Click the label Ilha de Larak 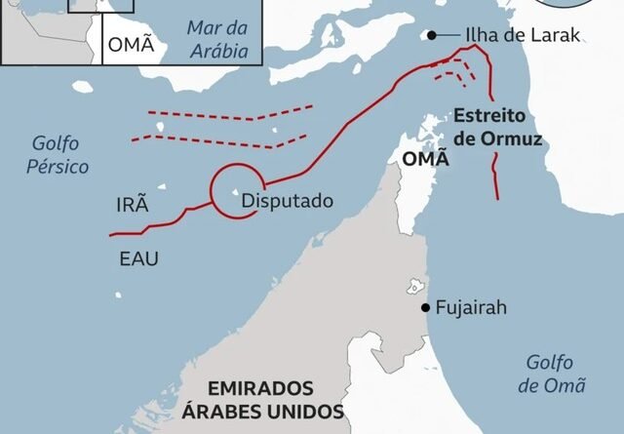point(524,35)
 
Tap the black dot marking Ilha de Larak point(431,36)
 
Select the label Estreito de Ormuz point(497,128)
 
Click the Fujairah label point(472,307)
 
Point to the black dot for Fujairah point(426,307)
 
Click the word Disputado point(287,201)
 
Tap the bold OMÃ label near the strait point(425,157)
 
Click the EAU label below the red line point(138,258)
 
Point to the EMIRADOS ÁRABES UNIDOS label point(262,398)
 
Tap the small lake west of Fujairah point(413,289)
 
